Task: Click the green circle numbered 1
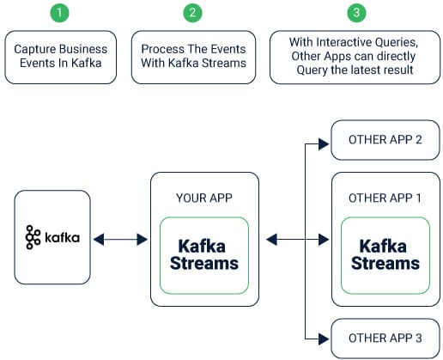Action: [59, 13]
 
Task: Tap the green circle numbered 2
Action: [192, 13]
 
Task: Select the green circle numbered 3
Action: [356, 13]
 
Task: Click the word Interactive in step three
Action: [343, 42]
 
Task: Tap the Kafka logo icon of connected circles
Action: [33, 237]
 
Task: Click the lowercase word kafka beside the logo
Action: [62, 238]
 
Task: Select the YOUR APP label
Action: [204, 198]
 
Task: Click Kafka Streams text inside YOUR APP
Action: [204, 254]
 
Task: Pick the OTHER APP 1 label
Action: [385, 198]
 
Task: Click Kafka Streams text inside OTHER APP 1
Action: [385, 254]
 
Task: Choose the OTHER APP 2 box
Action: [385, 140]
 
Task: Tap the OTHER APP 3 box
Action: [385, 339]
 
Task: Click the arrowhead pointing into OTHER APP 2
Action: [324, 143]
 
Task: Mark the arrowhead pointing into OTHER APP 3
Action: [324, 339]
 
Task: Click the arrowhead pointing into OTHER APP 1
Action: [324, 240]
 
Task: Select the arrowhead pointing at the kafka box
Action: [99, 240]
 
